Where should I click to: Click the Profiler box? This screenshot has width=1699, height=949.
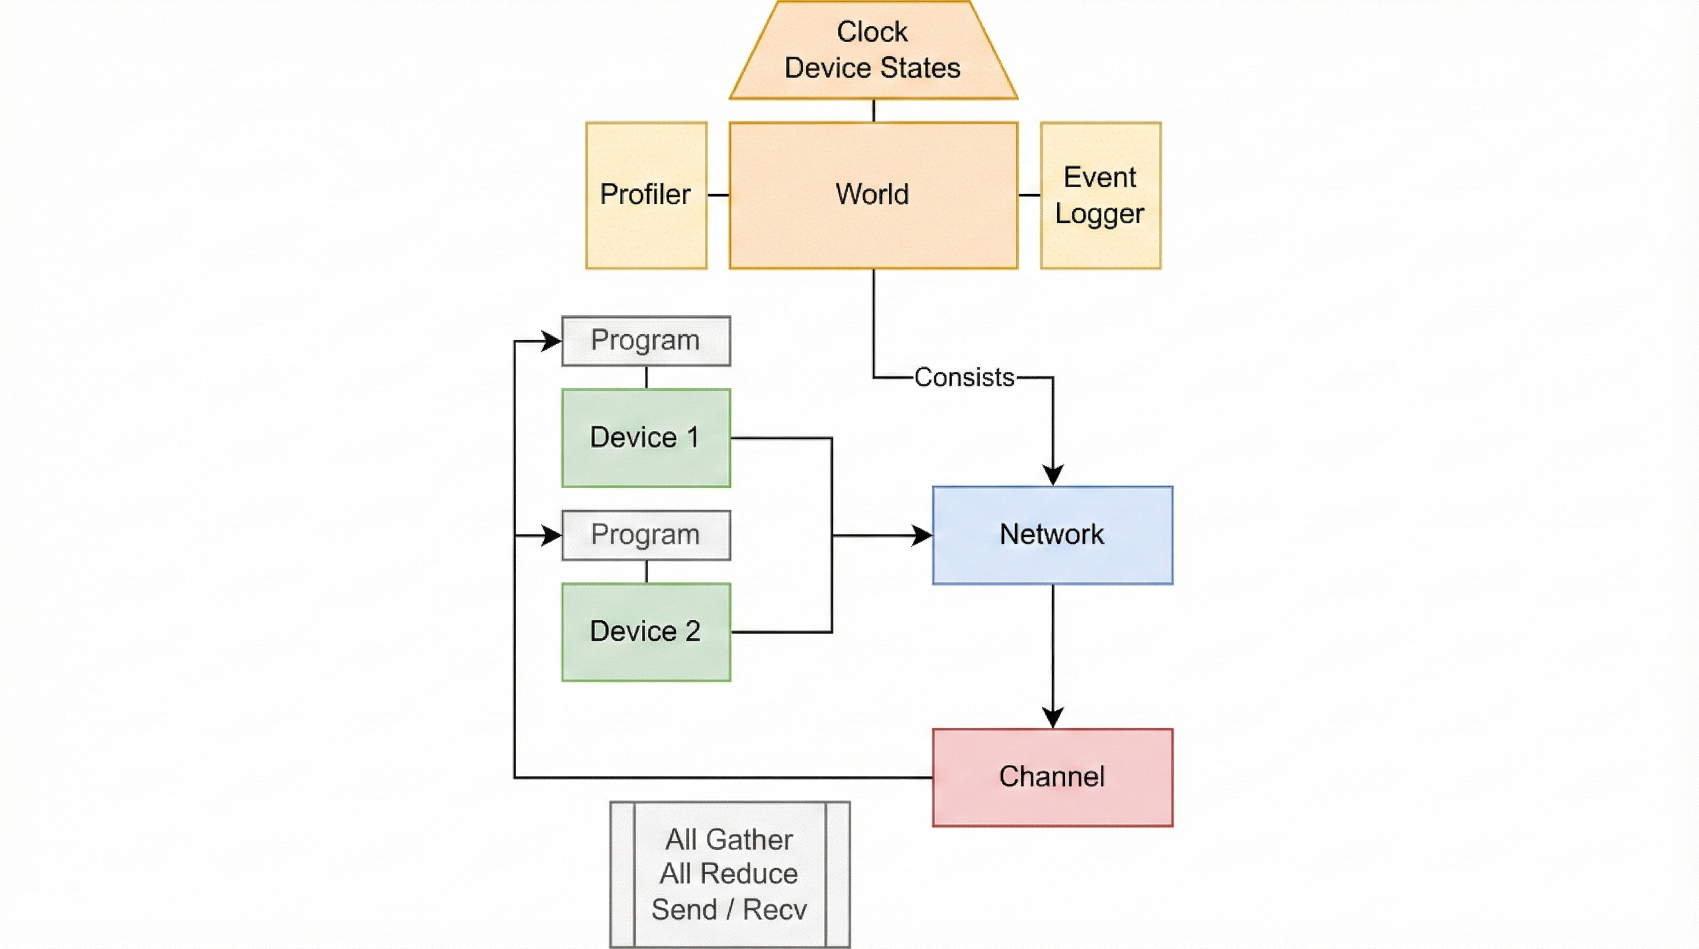(646, 195)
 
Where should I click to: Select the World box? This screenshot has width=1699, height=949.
(872, 195)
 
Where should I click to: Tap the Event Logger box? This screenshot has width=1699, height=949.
(1100, 195)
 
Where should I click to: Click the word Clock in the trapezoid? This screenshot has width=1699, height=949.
(872, 32)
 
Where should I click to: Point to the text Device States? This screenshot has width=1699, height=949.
(872, 68)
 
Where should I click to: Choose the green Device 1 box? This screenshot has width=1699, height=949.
(646, 437)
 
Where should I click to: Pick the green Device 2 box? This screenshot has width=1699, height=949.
(646, 631)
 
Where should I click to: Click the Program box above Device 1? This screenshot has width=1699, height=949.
(646, 340)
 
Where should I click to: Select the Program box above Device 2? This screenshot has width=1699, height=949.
(646, 534)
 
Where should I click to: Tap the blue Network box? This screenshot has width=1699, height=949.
(1052, 534)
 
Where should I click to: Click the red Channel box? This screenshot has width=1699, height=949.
(1052, 777)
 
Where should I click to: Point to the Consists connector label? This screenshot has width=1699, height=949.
(964, 377)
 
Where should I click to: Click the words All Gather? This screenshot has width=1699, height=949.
(728, 840)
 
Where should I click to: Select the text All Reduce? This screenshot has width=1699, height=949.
(728, 874)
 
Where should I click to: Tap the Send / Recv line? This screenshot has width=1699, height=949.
(728, 909)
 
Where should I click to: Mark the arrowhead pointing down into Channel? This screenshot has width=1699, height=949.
(1052, 718)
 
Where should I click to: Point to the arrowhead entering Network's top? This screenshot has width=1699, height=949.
(1052, 475)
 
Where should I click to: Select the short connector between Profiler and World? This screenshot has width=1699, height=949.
(717, 195)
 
